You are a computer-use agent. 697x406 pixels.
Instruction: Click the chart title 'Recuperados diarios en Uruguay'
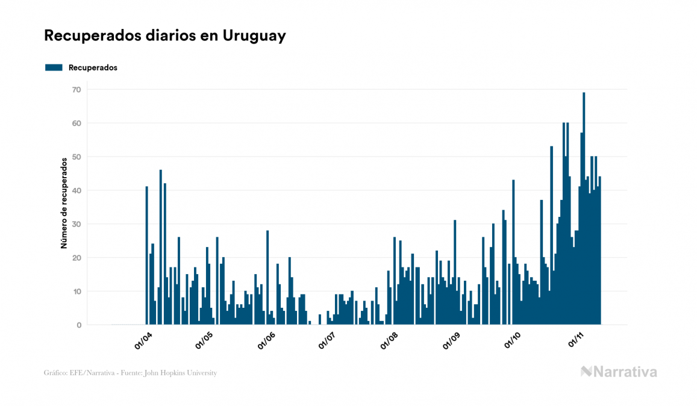[164, 36]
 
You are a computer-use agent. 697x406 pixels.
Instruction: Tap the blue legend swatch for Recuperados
[54, 67]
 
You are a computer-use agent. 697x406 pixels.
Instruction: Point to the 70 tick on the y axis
[76, 90]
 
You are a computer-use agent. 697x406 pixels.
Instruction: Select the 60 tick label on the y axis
[76, 123]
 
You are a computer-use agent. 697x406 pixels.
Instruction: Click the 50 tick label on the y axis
[76, 157]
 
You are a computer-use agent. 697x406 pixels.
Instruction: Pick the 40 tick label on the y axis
[76, 190]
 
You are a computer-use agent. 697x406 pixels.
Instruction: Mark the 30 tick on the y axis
[76, 224]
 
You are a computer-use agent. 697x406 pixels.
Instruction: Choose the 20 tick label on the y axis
[76, 258]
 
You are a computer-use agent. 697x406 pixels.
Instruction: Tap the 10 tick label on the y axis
[76, 292]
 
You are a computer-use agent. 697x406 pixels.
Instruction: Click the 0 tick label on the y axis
[78, 325]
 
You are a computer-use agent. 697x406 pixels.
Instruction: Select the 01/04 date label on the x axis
[144, 340]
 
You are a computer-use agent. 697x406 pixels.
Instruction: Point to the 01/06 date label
[267, 340]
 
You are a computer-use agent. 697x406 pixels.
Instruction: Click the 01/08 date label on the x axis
[390, 340]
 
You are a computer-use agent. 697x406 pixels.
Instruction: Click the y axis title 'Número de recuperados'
[63, 204]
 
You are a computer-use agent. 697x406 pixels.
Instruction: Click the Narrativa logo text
[625, 372]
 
